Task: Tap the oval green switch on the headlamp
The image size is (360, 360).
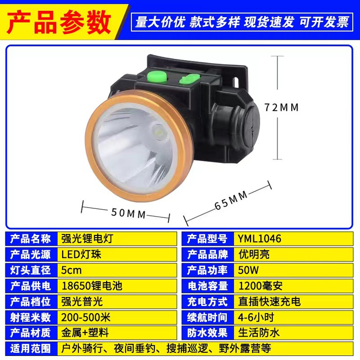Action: point(189,79)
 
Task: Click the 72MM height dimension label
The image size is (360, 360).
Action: point(282,108)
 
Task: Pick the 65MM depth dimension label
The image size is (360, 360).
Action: point(231,201)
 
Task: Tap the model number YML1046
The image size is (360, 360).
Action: point(260,238)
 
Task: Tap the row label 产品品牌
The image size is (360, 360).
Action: point(207,254)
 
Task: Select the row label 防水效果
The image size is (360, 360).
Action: point(207,333)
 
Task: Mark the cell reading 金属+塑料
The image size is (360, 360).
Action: point(85,333)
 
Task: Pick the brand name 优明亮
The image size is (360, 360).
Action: point(255,254)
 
